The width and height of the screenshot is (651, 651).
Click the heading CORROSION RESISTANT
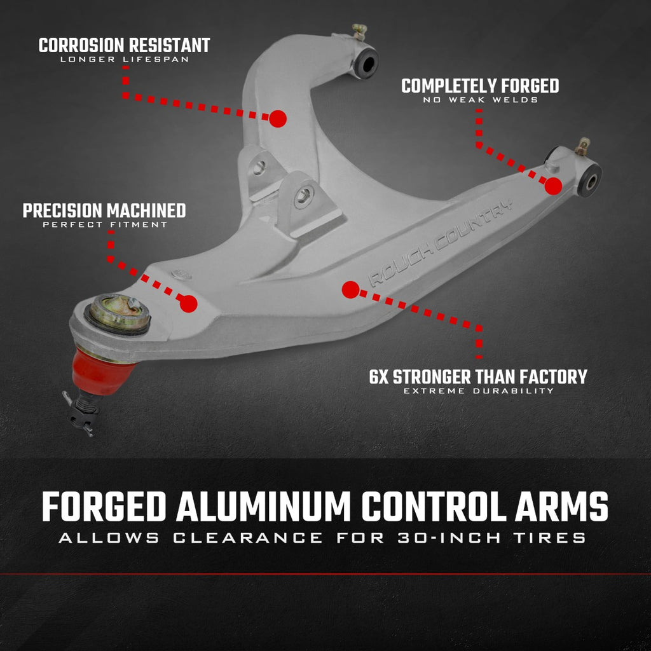[x=124, y=46]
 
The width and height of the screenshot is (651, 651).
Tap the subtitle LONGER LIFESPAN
[x=124, y=60]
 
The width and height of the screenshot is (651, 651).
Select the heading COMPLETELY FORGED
[x=480, y=86]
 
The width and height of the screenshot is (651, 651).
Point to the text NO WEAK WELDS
[x=480, y=100]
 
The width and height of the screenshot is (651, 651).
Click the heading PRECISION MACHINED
[x=104, y=210]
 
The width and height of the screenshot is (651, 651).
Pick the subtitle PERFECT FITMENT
[x=104, y=224]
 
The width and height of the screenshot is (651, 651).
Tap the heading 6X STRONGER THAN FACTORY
[x=478, y=376]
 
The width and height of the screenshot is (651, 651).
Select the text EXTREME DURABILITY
[x=478, y=390]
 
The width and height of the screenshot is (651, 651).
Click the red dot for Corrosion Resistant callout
[x=278, y=118]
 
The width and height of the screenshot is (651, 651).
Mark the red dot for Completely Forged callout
[x=553, y=186]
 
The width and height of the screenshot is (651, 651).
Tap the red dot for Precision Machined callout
[x=188, y=304]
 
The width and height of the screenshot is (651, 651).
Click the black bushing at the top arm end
[x=366, y=62]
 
